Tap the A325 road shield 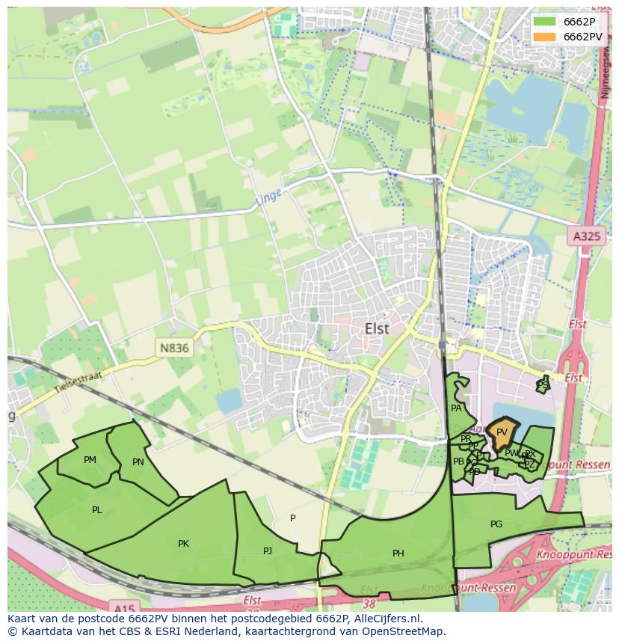(585, 236)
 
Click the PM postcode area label (90, 460)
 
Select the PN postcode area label (138, 462)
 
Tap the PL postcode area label (97, 510)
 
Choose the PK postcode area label (183, 544)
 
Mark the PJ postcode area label (268, 551)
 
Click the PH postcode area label (398, 553)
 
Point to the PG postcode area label (496, 524)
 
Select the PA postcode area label (456, 408)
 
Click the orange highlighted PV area (502, 432)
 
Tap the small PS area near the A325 (543, 385)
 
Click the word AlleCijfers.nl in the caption (387, 619)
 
